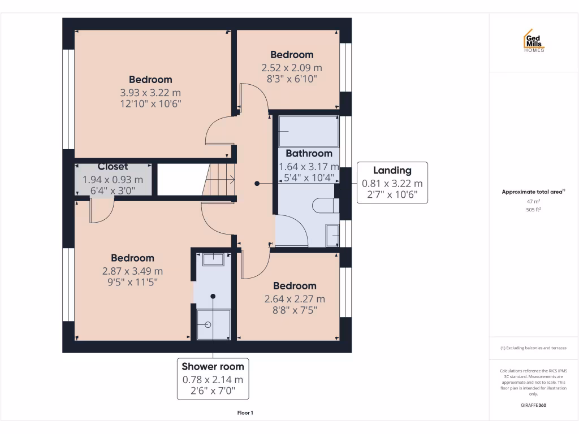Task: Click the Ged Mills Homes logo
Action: pyautogui.click(x=533, y=41)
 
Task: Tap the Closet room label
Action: pyautogui.click(x=113, y=167)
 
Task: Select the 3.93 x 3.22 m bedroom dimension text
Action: pyautogui.click(x=150, y=92)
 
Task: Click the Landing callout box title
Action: pyautogui.click(x=392, y=171)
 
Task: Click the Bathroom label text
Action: pyautogui.click(x=309, y=153)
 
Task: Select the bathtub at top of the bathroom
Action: pyautogui.click(x=309, y=131)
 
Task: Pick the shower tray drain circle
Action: pyautogui.click(x=208, y=325)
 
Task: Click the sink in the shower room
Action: pyautogui.click(x=213, y=259)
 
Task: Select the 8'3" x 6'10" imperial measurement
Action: pyautogui.click(x=291, y=79)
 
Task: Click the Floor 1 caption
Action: pyautogui.click(x=244, y=413)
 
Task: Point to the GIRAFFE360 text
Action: pyautogui.click(x=533, y=405)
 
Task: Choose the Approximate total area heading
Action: pyautogui.click(x=533, y=192)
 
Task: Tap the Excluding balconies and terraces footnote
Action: pyautogui.click(x=533, y=348)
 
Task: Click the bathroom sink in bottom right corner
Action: pyautogui.click(x=332, y=235)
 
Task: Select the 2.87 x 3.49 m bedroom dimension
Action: pyautogui.click(x=132, y=271)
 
